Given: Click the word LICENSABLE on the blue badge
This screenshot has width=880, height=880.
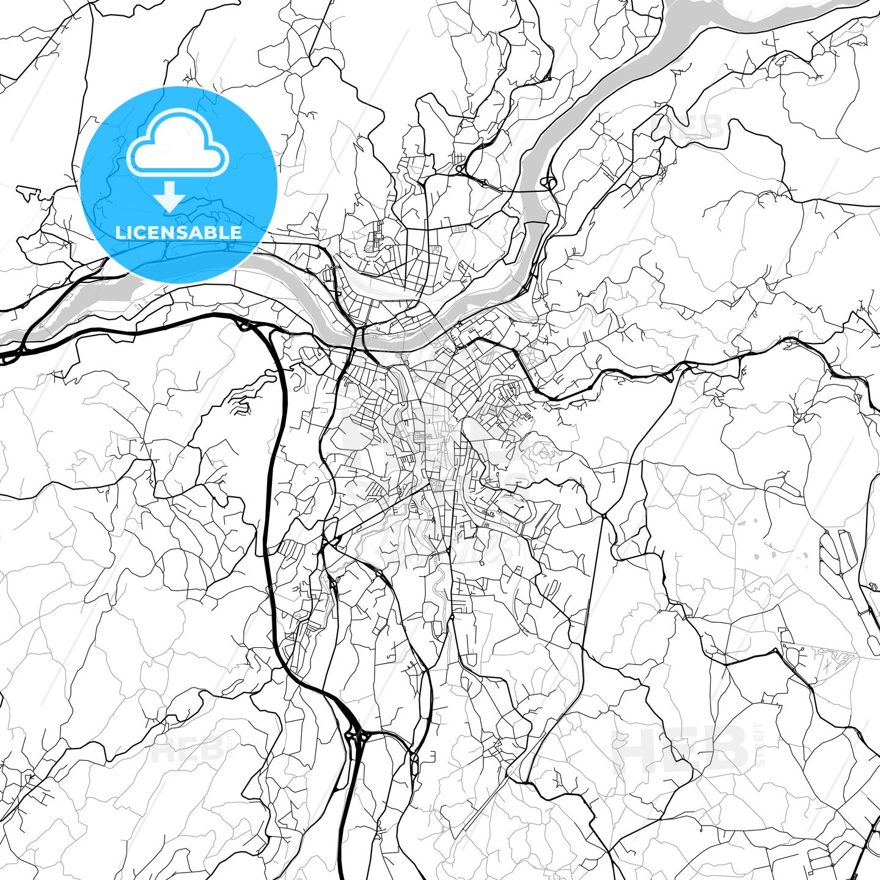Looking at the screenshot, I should (178, 232).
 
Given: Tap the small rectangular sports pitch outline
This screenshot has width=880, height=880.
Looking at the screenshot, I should (459, 229).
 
